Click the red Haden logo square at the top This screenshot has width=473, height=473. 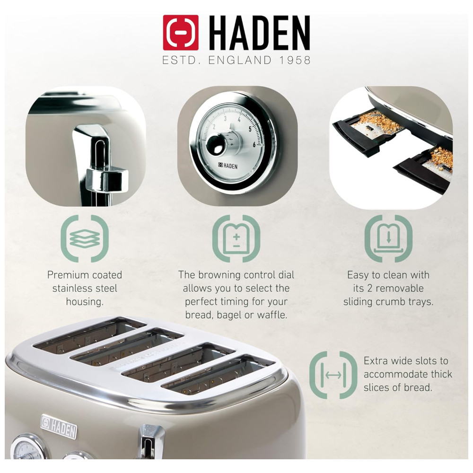181,33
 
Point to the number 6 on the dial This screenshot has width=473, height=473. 254,144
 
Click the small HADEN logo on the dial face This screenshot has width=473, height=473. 228,166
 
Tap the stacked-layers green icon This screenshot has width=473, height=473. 85,238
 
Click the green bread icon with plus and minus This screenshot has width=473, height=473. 236,238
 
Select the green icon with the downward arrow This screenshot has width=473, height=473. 388,238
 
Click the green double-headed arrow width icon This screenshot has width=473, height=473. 333,375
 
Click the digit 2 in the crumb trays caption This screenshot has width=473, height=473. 369,288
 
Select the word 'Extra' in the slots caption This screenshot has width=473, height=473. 375,361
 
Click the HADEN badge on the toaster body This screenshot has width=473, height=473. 59,426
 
